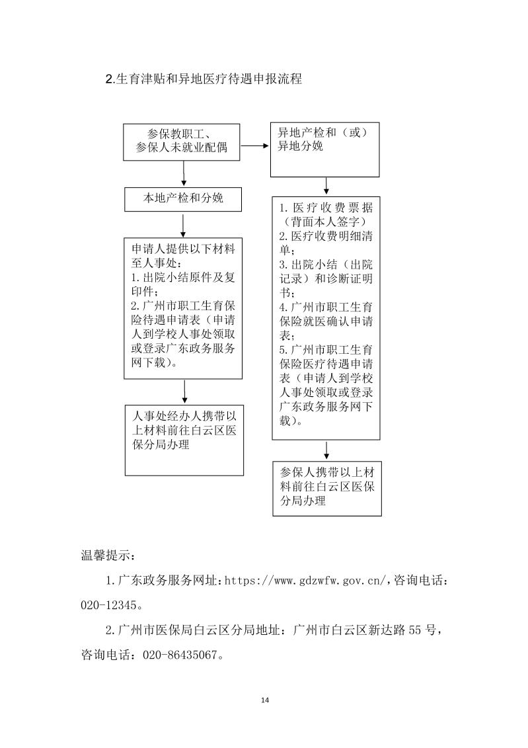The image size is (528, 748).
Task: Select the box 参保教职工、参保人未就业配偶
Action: (182, 141)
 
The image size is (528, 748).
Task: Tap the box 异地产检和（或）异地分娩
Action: (324, 149)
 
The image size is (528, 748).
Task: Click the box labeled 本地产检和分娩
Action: (184, 198)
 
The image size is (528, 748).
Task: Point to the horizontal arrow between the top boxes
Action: (255, 144)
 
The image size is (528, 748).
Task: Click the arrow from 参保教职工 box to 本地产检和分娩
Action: (184, 174)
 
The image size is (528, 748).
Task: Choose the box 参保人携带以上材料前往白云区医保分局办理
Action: (327, 488)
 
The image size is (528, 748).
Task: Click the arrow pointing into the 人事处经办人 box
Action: (184, 392)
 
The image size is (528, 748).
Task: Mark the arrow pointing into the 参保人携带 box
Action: (326, 450)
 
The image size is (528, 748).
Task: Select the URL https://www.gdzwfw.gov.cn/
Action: (309, 580)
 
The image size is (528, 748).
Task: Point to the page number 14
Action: (264, 700)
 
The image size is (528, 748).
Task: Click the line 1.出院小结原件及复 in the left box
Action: (183, 278)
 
